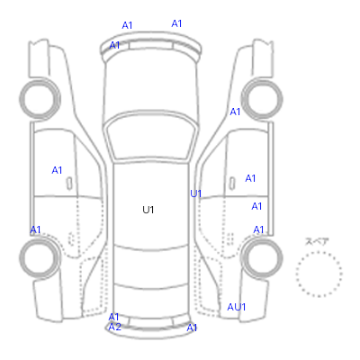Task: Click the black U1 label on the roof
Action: (x=148, y=210)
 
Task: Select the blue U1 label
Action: (x=195, y=193)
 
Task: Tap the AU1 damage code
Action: (x=237, y=307)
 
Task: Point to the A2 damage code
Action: (x=115, y=327)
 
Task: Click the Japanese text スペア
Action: (x=317, y=241)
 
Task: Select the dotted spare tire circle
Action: (x=319, y=252)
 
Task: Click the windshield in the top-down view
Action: (x=151, y=137)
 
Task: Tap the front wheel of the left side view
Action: (x=40, y=98)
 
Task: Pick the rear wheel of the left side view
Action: (x=40, y=257)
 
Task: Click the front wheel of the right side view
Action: (x=262, y=98)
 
